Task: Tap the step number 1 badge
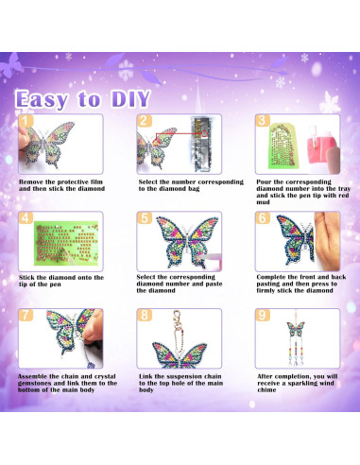(26, 121)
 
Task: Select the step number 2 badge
(144, 121)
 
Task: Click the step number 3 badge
(262, 121)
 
